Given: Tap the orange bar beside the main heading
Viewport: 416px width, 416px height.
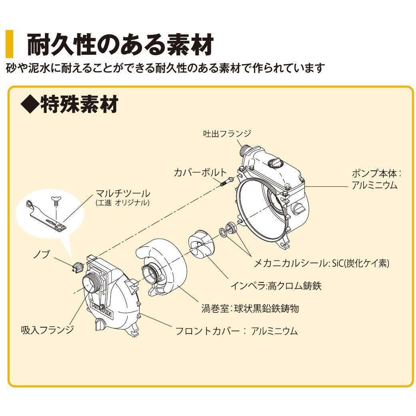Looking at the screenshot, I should pyautogui.click(x=10, y=44).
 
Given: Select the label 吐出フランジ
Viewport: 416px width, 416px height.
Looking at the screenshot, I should pyautogui.click(x=227, y=134).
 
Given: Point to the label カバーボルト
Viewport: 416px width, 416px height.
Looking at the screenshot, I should pyautogui.click(x=200, y=173).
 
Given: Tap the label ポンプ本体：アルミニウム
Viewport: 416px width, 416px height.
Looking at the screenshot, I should pyautogui.click(x=376, y=179).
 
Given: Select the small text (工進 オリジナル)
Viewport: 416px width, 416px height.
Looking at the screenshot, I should pyautogui.click(x=122, y=203).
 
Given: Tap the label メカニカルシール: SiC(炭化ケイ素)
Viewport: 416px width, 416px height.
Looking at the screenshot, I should pyautogui.click(x=321, y=263).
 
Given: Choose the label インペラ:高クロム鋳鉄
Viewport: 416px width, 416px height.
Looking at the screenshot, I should pyautogui.click(x=276, y=286).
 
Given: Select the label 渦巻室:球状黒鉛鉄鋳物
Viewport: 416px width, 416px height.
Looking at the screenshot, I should pyautogui.click(x=250, y=308).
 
